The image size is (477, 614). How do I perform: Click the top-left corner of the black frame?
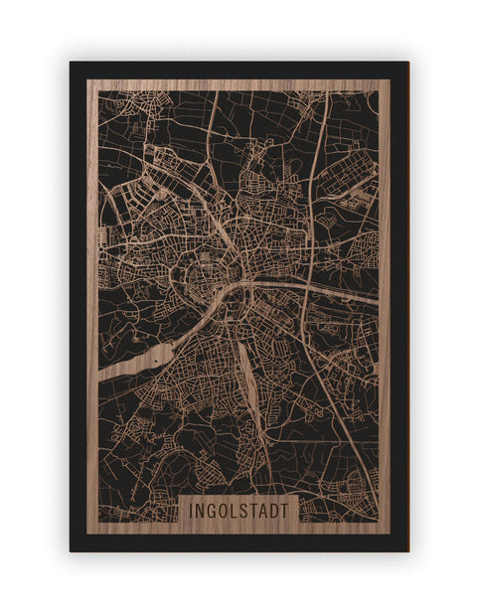pos(72,64)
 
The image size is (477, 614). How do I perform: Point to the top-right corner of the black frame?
pos(406,64)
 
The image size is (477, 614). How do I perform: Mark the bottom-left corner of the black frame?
pos(72,549)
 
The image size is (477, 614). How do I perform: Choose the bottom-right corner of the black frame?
pos(406,549)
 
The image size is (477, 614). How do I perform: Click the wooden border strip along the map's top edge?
pos(238,84)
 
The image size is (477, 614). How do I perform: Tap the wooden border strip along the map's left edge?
pos(92,298)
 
